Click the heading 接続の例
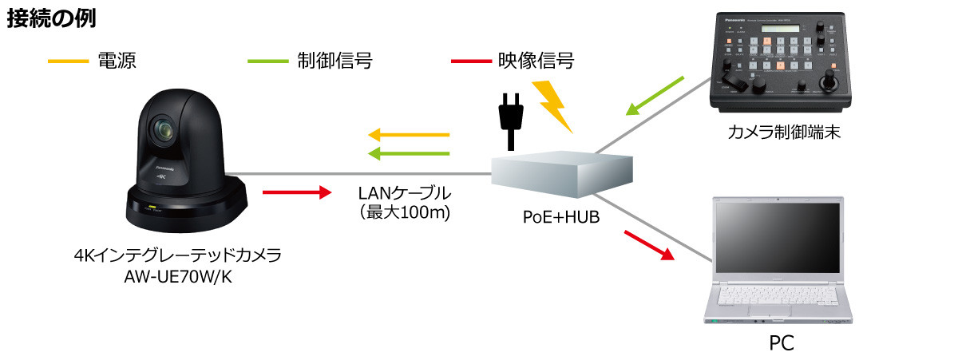click(x=52, y=20)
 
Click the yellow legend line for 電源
click(x=68, y=61)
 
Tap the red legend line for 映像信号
click(x=471, y=61)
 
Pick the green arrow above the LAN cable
click(x=408, y=152)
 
